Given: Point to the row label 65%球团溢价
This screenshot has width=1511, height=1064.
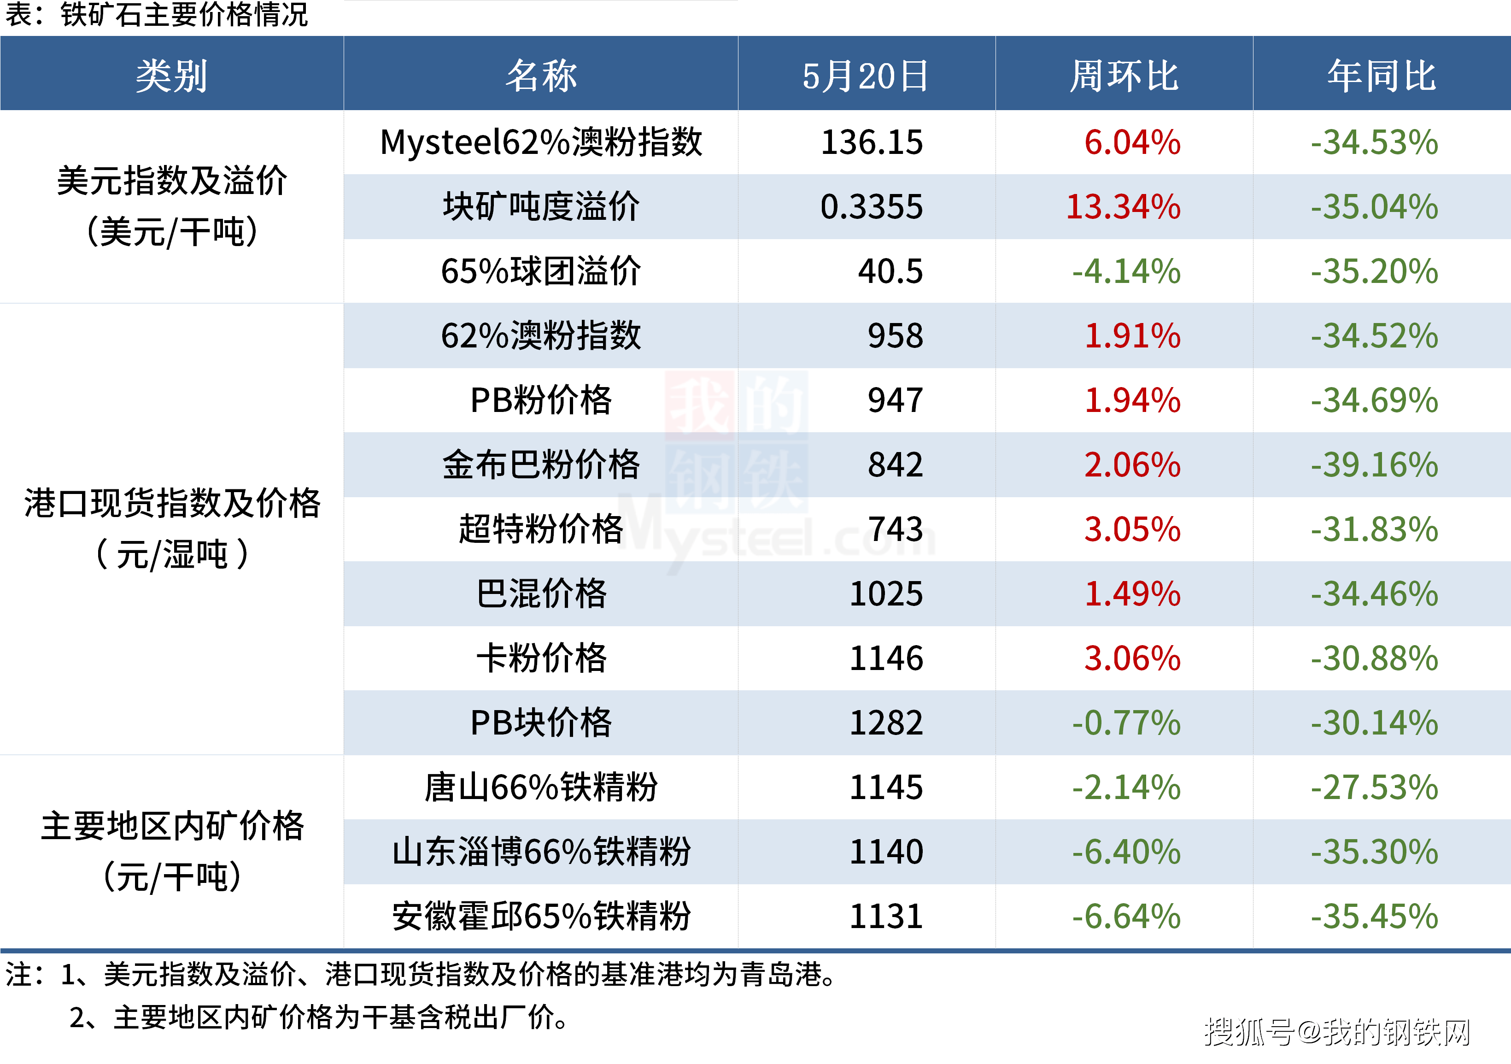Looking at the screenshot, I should click(x=540, y=271).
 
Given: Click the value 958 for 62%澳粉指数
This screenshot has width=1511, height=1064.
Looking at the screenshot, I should click(x=895, y=336).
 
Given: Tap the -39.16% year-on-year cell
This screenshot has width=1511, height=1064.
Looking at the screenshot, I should click(x=1374, y=465).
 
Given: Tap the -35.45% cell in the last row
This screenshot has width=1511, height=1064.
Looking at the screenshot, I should click(x=1374, y=917).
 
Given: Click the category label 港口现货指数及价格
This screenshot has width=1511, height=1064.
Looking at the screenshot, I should click(x=172, y=504).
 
